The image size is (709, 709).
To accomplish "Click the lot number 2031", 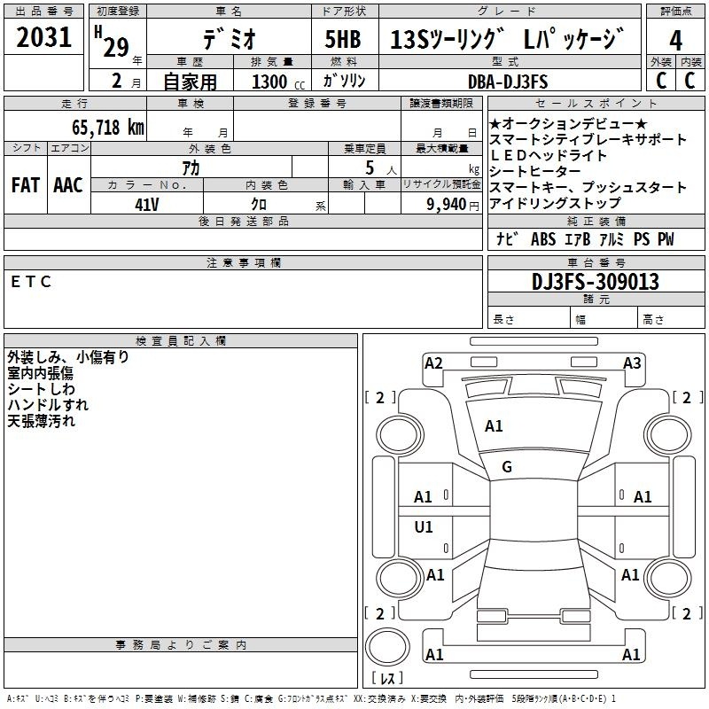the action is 43,37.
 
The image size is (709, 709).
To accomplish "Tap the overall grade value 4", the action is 675,41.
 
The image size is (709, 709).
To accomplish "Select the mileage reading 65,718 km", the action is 108,127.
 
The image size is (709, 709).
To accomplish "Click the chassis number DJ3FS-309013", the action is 595,282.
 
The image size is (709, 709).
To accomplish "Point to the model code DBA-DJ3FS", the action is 508,82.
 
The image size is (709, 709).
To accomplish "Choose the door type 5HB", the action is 343,39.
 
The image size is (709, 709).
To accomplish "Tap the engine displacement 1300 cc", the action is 278,82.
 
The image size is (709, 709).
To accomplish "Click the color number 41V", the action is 147,205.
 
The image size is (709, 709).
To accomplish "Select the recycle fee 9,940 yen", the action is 453,205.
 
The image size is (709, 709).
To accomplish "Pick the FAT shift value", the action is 26,185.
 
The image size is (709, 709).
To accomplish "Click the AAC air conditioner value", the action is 68,185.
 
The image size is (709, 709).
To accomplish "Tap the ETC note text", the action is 31,282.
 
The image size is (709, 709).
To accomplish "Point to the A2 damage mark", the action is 433,363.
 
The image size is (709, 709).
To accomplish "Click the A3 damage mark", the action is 632,363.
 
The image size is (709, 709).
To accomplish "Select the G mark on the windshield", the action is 507,467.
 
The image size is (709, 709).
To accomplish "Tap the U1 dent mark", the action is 424,526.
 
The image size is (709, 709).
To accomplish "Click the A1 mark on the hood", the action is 494,426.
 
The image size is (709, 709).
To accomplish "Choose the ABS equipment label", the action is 543,239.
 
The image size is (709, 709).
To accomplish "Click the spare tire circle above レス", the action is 387,647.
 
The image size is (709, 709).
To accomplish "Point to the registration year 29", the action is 116,47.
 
